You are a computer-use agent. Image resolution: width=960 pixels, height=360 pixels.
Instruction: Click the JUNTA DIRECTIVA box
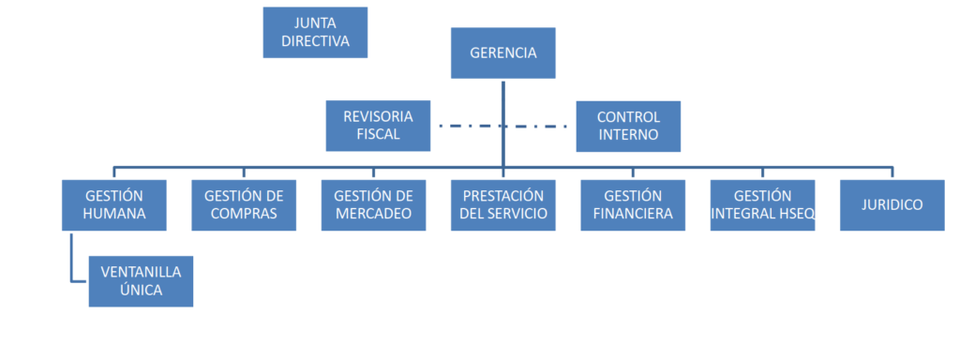point(315,33)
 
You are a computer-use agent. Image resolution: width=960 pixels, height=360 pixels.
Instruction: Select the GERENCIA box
point(503,52)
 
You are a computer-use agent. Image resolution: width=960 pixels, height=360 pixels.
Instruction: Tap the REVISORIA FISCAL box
point(378,126)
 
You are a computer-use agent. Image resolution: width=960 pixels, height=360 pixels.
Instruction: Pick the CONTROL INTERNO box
point(628,127)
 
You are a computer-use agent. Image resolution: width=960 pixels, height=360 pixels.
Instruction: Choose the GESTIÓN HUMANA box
point(113,205)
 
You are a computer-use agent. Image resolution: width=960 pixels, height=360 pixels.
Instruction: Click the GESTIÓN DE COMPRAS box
point(244,205)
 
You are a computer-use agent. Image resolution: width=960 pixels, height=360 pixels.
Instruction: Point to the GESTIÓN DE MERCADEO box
point(373,205)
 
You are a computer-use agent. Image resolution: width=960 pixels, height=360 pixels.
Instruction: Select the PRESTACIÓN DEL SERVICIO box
point(503,205)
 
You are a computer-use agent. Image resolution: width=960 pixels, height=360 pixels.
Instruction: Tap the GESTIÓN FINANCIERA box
point(633,205)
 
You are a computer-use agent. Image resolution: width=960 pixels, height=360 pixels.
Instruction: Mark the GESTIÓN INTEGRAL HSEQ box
point(763,205)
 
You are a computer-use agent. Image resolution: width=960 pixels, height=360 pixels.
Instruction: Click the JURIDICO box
point(892,205)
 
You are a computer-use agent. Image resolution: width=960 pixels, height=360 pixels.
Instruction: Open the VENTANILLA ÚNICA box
point(141,281)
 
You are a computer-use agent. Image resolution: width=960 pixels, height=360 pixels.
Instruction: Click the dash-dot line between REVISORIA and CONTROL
point(502,127)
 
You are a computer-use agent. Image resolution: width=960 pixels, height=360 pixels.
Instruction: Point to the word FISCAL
point(379,135)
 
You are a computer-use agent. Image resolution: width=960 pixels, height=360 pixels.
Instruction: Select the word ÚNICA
point(141,290)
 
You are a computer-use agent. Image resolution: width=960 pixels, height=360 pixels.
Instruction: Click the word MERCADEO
point(373,215)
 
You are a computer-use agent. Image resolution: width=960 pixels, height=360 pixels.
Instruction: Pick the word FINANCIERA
point(633,215)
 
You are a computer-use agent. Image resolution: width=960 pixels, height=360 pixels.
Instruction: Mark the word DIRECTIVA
point(315,41)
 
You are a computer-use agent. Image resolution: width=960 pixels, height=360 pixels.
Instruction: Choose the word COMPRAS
point(244,215)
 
